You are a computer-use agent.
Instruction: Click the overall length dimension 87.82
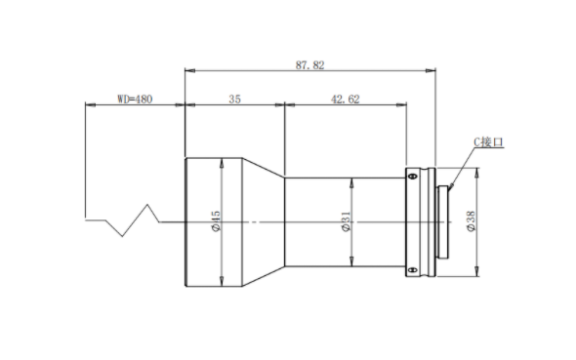click(x=310, y=65)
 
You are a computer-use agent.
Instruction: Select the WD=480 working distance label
click(x=135, y=100)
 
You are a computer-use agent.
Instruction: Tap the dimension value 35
click(x=234, y=100)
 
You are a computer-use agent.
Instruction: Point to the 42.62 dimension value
click(x=346, y=100)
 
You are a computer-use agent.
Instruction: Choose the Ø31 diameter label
click(x=347, y=221)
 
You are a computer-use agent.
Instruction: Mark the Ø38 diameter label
click(x=471, y=220)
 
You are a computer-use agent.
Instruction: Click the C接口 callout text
click(x=488, y=142)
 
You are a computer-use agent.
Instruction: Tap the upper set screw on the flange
click(x=413, y=177)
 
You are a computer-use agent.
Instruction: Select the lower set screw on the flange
click(x=413, y=270)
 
